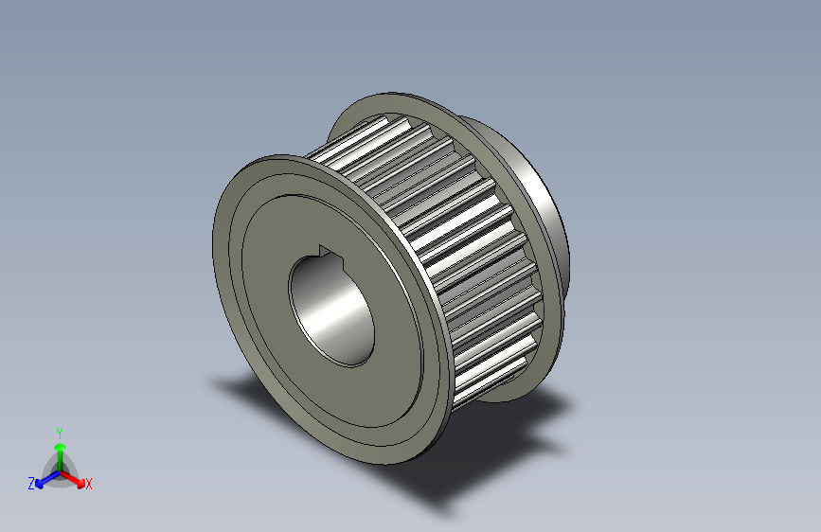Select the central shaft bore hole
point(331,308)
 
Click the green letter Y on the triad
point(59,432)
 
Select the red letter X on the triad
point(89,485)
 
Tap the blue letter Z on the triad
point(31,484)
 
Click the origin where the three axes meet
point(59,470)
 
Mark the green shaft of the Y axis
point(59,456)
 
